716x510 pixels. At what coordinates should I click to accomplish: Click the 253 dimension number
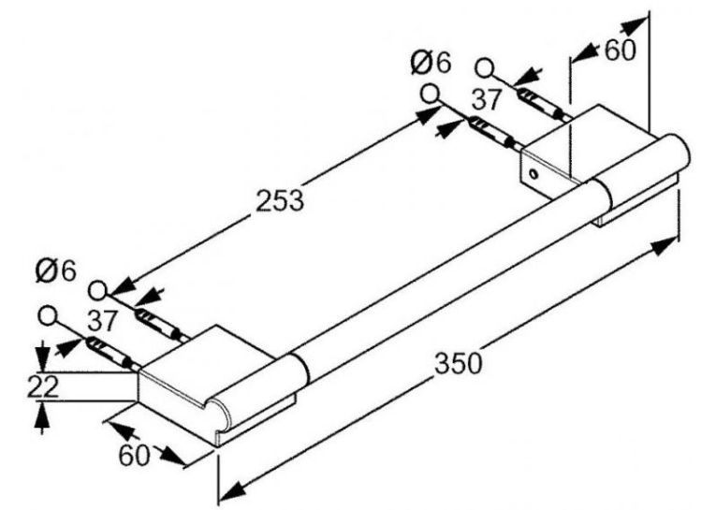coord(280,200)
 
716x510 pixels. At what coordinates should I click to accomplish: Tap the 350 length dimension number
coord(458,363)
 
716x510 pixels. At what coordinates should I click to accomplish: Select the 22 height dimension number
coord(43,386)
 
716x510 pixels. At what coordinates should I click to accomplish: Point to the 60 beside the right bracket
coord(620,51)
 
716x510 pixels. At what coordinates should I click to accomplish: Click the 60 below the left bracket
coord(134,455)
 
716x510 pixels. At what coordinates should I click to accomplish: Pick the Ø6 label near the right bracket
coord(431,63)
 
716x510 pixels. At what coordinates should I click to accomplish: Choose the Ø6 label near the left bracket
coord(55,272)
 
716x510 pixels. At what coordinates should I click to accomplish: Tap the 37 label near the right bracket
coord(487,99)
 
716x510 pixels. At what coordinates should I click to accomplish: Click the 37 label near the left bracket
coord(102,320)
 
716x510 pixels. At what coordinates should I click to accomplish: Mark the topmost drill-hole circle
coord(485,68)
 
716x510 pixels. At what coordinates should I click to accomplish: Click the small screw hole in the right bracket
coord(533,173)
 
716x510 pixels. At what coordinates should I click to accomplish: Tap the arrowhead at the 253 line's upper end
coord(426,115)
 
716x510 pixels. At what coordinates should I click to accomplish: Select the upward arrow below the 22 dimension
coord(42,417)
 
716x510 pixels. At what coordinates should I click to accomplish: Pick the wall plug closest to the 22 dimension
coord(109,352)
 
